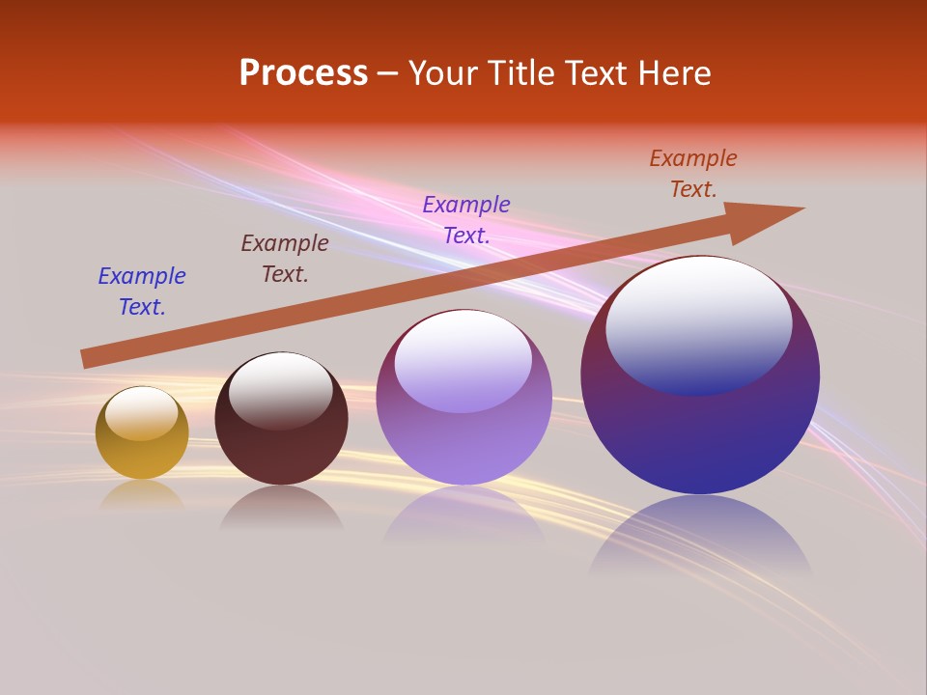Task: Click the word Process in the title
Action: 303,73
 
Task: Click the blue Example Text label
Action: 142,292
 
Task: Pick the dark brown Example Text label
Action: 285,259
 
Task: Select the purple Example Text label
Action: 466,220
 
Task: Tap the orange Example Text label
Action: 693,174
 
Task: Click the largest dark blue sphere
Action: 700,434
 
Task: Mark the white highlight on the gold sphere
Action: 142,412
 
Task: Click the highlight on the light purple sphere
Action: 463,359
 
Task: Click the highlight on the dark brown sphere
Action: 281,389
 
